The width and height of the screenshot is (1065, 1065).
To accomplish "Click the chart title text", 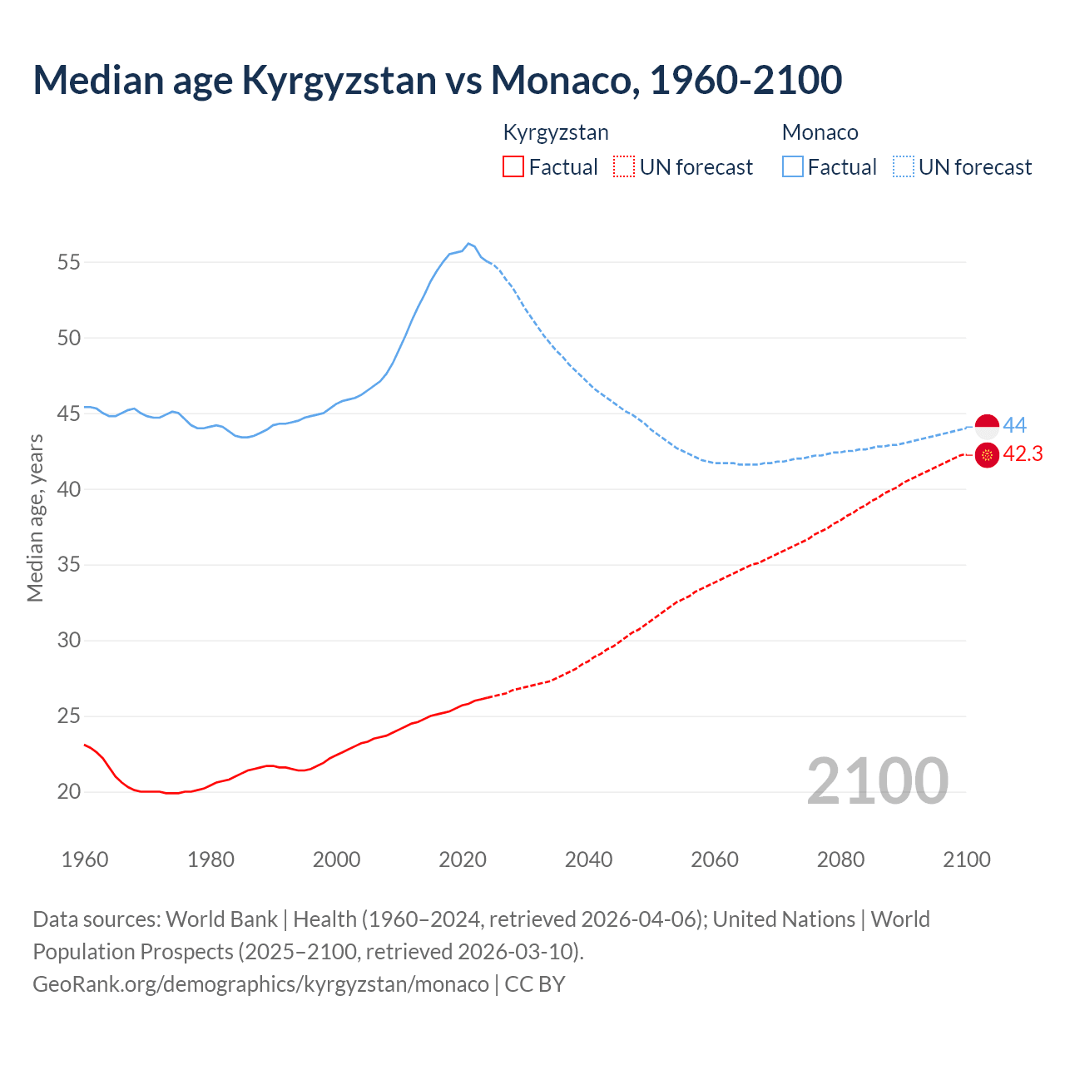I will pyautogui.click(x=437, y=80).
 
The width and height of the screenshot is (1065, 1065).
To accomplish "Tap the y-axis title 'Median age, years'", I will pyautogui.click(x=35, y=518).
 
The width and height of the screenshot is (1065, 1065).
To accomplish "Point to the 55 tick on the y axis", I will pyautogui.click(x=69, y=262).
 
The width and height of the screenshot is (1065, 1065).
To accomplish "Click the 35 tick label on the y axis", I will pyautogui.click(x=69, y=565).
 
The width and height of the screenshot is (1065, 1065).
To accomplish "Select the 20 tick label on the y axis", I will pyautogui.click(x=69, y=791).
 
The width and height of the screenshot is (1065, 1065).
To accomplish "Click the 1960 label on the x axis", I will pyautogui.click(x=85, y=859).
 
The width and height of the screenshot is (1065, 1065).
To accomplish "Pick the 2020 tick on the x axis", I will pyautogui.click(x=463, y=859).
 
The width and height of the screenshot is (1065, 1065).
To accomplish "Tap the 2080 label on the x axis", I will pyautogui.click(x=840, y=859).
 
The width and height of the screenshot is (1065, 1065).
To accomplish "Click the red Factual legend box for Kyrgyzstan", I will pyautogui.click(x=513, y=166).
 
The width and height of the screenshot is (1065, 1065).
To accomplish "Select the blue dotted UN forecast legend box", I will pyautogui.click(x=904, y=166).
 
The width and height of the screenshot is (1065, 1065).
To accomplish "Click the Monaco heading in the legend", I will pyautogui.click(x=820, y=132).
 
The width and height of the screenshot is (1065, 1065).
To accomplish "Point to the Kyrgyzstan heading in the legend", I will pyautogui.click(x=556, y=132).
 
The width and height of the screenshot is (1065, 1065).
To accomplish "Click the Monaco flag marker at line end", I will pyautogui.click(x=987, y=426).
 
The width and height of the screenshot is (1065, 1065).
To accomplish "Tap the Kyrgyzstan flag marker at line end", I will pyautogui.click(x=987, y=455).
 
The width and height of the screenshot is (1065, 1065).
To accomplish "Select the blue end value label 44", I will pyautogui.click(x=1014, y=426).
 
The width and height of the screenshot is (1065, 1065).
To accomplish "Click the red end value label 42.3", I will pyautogui.click(x=1023, y=454).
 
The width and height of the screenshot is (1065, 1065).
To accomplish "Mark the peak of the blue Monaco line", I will pyautogui.click(x=468, y=244).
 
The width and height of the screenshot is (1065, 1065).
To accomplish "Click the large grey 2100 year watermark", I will pyautogui.click(x=877, y=780).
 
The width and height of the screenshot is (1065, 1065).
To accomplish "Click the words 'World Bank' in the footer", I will pyautogui.click(x=221, y=919).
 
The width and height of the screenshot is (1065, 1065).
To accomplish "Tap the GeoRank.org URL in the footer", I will pyautogui.click(x=260, y=984).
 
